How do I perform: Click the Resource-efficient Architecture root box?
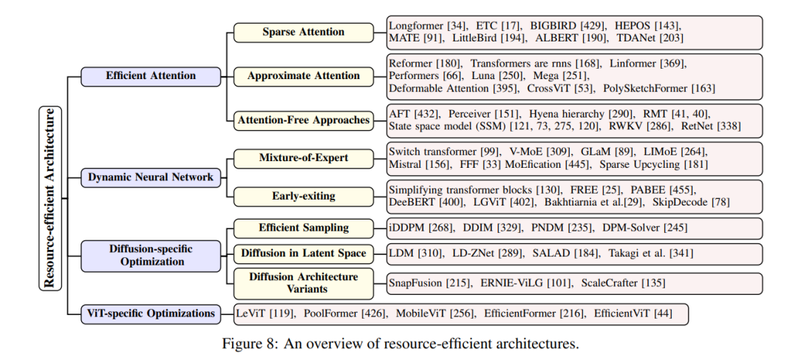point(50,198)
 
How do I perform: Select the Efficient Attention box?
point(151,76)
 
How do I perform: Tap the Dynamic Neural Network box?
point(151,177)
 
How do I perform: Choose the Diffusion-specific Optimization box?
point(151,256)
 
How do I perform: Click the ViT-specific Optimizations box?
point(151,313)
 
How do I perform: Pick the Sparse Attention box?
point(304,32)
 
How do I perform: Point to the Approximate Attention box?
point(304,76)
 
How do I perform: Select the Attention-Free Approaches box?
point(304,120)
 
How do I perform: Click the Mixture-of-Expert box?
point(304,158)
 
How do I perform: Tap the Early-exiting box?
point(304,196)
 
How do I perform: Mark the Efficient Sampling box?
point(304,228)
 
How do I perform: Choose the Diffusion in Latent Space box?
point(304,254)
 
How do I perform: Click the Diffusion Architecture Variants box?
point(304,283)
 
